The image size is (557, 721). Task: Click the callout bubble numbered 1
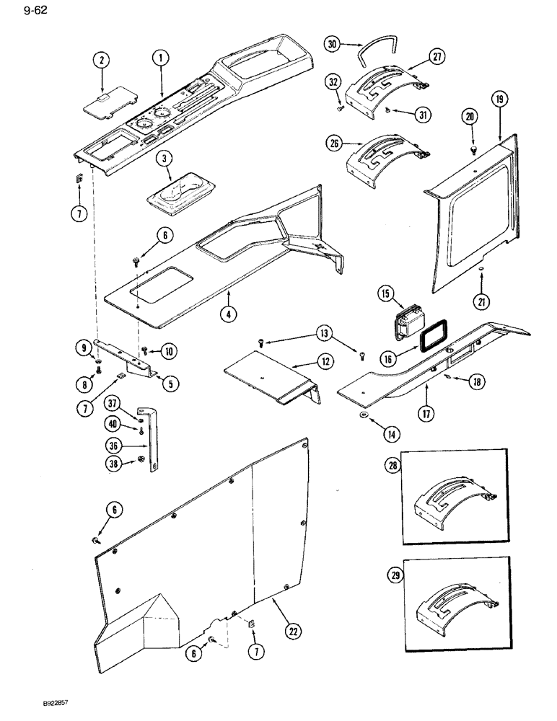click(160, 57)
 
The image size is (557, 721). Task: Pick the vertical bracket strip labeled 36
click(153, 447)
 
